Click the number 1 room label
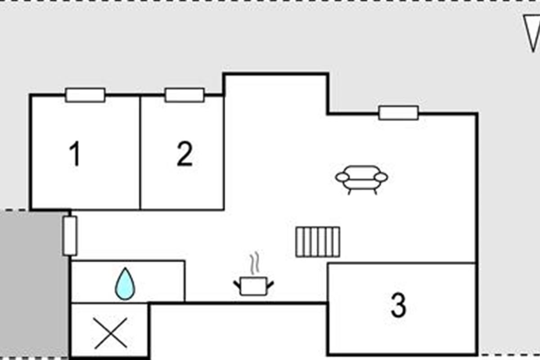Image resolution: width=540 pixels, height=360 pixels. click(x=75, y=153)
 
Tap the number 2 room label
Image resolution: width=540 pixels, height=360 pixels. click(x=184, y=153)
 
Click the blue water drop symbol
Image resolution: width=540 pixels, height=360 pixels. click(x=125, y=283)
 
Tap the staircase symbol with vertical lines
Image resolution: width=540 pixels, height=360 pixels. click(x=318, y=242)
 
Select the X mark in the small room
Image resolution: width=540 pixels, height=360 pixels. click(x=111, y=333)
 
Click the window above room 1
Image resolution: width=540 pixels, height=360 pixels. click(x=85, y=95)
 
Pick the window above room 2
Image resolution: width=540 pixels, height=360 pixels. click(x=184, y=95)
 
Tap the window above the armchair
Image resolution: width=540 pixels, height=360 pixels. click(x=399, y=113)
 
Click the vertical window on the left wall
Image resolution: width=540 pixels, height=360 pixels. click(x=70, y=236)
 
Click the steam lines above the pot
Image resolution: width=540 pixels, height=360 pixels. click(x=255, y=263)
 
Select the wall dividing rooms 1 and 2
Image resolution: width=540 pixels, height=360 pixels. click(x=140, y=153)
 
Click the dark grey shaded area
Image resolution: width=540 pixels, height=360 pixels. click(x=34, y=284)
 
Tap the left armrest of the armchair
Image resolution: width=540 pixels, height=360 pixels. click(x=342, y=177)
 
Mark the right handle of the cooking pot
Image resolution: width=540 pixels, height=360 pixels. click(x=270, y=284)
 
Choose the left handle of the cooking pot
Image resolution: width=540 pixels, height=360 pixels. click(x=237, y=285)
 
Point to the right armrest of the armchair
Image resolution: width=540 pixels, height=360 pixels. click(x=381, y=177)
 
